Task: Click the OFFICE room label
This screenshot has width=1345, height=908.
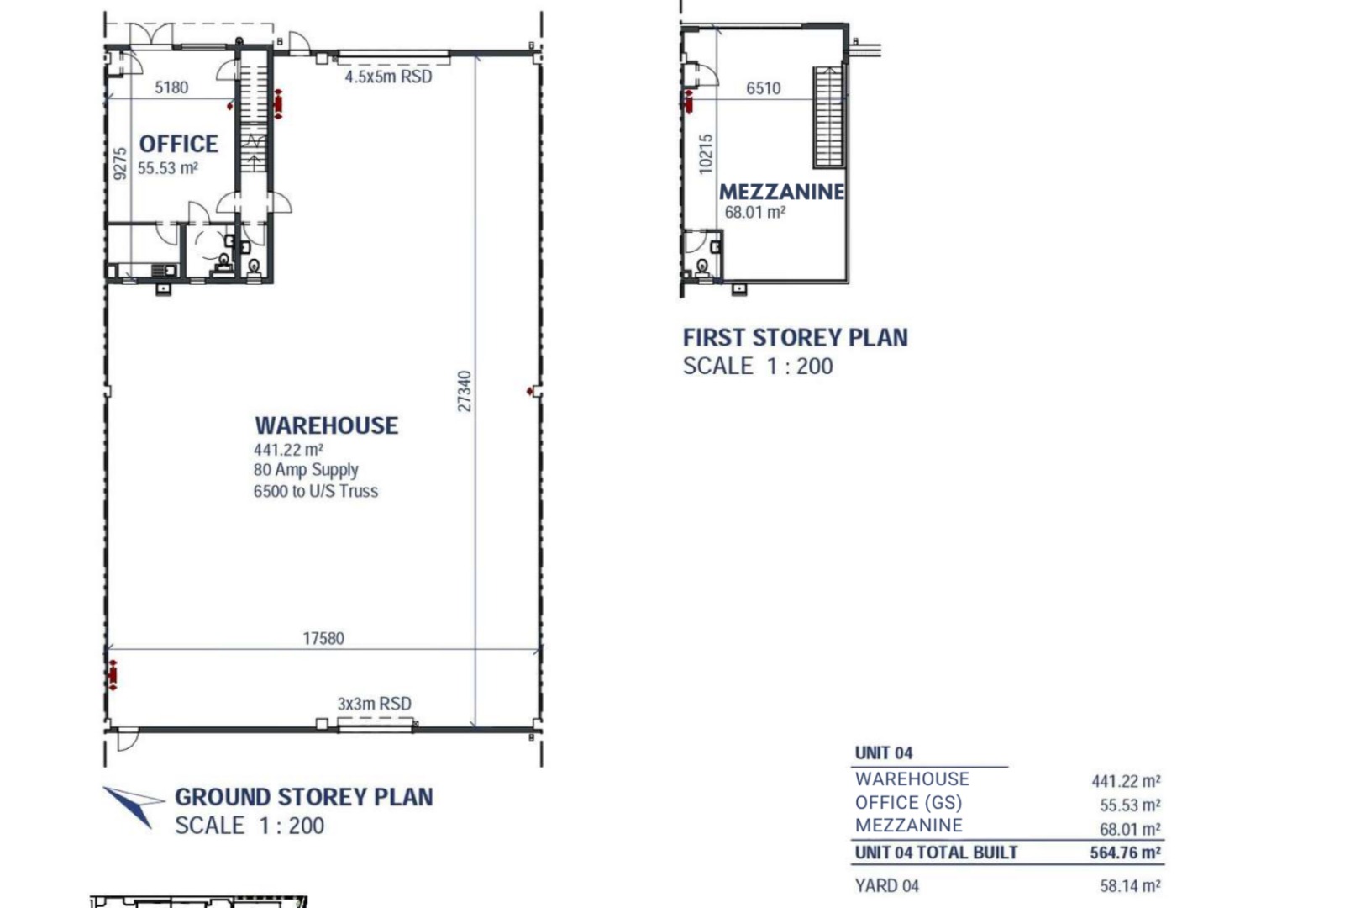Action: click(x=178, y=145)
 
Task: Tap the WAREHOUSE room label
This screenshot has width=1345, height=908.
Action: click(x=326, y=425)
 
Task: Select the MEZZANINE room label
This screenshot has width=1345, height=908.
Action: click(x=782, y=192)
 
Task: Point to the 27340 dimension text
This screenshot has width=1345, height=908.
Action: click(x=465, y=391)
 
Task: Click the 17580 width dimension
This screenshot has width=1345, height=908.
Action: click(x=323, y=638)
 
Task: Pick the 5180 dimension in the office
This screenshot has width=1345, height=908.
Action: click(x=171, y=87)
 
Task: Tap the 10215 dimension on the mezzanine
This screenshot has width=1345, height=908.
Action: click(x=706, y=155)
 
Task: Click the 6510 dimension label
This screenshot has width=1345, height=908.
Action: click(x=763, y=88)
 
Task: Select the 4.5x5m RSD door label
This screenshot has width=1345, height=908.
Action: click(x=388, y=77)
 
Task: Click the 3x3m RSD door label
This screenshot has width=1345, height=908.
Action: click(x=374, y=703)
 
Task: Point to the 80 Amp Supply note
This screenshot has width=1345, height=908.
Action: click(x=306, y=470)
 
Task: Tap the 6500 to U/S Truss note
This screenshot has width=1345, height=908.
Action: click(x=316, y=491)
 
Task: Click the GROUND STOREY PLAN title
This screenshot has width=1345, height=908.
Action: click(x=304, y=797)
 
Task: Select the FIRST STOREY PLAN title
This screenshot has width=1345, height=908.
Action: click(x=795, y=338)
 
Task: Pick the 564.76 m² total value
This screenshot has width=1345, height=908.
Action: click(x=1125, y=853)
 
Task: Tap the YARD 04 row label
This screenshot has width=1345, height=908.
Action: click(x=887, y=886)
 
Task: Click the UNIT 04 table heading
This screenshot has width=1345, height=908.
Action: click(x=884, y=753)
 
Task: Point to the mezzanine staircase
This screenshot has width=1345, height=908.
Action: click(x=828, y=117)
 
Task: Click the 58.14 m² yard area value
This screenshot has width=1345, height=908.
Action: click(x=1130, y=886)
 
